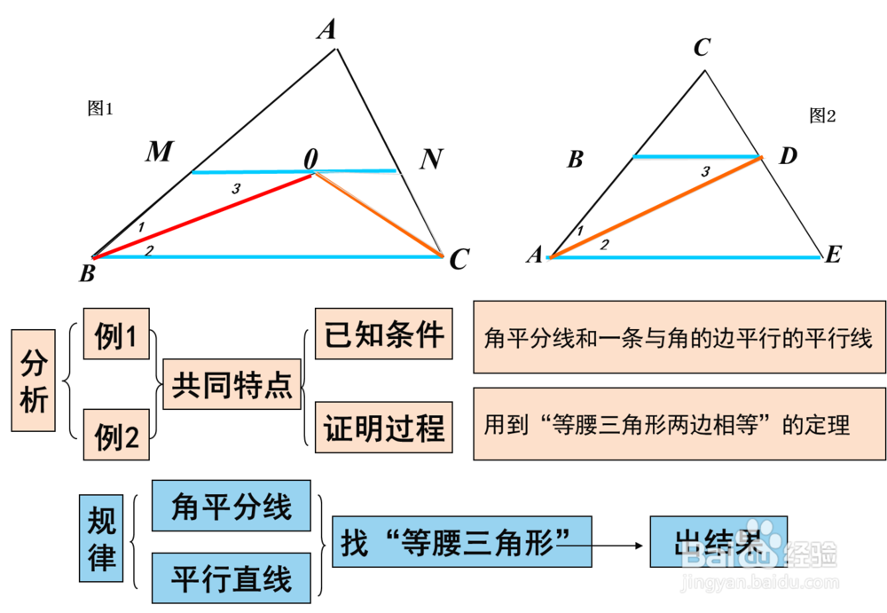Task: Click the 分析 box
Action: tap(35, 381)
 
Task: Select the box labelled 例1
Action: tap(116, 334)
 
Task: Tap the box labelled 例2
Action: tap(116, 435)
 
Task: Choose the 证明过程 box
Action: tap(384, 428)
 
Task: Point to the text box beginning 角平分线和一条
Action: tap(679, 337)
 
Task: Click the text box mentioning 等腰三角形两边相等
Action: tap(679, 424)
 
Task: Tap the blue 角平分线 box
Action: tap(232, 507)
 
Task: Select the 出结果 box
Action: tap(718, 541)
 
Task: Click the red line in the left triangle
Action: tap(204, 216)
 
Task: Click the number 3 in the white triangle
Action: tap(235, 189)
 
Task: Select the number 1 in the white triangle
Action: tap(141, 228)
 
